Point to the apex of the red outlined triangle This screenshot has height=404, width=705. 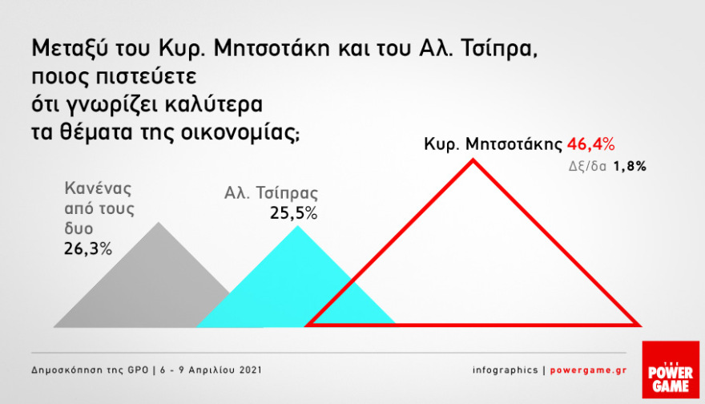(x=473, y=161)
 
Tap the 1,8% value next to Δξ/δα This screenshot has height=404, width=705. (x=630, y=167)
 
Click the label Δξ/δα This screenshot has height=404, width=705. (x=592, y=167)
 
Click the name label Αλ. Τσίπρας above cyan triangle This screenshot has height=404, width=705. (x=271, y=193)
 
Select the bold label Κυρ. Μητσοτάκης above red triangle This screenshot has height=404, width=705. (x=493, y=145)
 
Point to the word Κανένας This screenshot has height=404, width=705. (x=97, y=190)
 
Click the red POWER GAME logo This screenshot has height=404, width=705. (x=671, y=370)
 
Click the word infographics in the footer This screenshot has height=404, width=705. (x=505, y=370)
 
